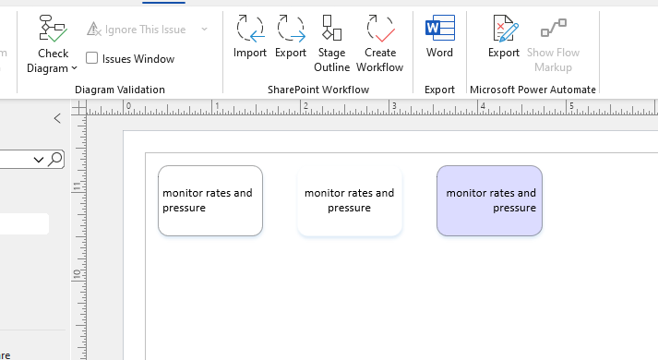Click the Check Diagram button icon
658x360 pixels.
tap(54, 29)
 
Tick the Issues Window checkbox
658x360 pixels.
tap(92, 59)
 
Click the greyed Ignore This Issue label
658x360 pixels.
tap(145, 30)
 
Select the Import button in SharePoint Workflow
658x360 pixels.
tap(249, 30)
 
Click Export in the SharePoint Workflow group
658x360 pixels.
tap(291, 30)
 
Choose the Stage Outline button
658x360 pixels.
tap(331, 30)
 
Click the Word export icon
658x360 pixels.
tap(439, 30)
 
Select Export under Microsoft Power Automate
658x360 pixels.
tap(504, 30)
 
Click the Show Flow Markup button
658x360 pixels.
tap(554, 30)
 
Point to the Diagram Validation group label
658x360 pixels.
tap(120, 90)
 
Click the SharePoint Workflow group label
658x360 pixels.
tap(318, 90)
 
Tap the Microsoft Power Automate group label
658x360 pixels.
tap(532, 90)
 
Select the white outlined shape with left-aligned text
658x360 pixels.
tap(210, 200)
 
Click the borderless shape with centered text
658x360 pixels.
tap(349, 200)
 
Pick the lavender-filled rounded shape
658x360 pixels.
tap(489, 200)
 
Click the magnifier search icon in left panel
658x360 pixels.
tap(56, 160)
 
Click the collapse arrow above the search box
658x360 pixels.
tap(57, 118)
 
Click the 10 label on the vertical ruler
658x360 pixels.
tap(76, 275)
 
